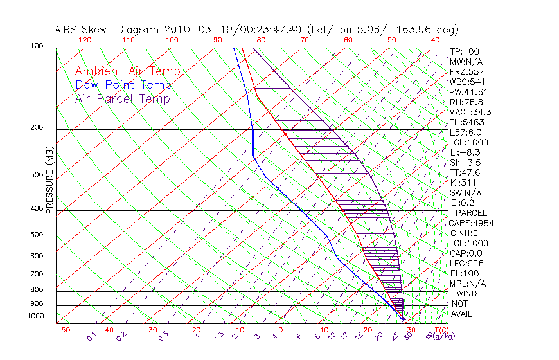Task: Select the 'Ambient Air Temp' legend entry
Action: [127, 71]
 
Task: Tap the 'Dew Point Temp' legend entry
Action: [123, 85]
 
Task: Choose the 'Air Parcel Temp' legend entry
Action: [122, 98]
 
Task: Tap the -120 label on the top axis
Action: [81, 40]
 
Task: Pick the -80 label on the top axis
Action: [258, 40]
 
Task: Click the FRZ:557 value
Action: [466, 71]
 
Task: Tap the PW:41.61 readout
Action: [469, 92]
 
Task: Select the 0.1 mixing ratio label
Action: [91, 335]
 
